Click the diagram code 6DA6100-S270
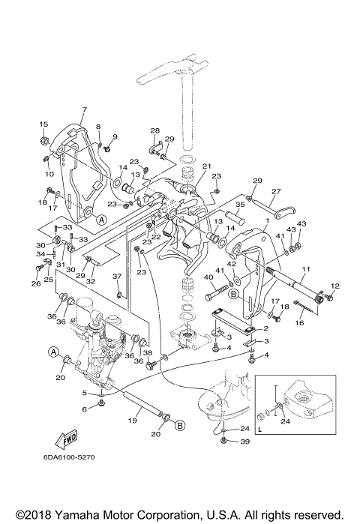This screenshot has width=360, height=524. [69, 457]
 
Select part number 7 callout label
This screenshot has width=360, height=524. [85, 109]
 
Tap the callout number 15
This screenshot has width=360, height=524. [43, 124]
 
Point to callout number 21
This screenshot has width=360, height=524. [207, 166]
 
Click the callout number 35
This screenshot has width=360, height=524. [240, 205]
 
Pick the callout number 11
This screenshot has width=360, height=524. [306, 268]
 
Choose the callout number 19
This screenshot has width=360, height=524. [133, 420]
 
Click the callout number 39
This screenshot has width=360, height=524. [244, 442]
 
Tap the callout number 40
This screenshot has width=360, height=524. [208, 277]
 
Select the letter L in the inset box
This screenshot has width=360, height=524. [259, 430]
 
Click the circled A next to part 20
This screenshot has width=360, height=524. [53, 352]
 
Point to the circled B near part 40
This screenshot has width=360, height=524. [234, 294]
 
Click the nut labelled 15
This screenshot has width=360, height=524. [44, 139]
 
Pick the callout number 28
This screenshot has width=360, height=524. [155, 130]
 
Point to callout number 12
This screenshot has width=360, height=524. [335, 286]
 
